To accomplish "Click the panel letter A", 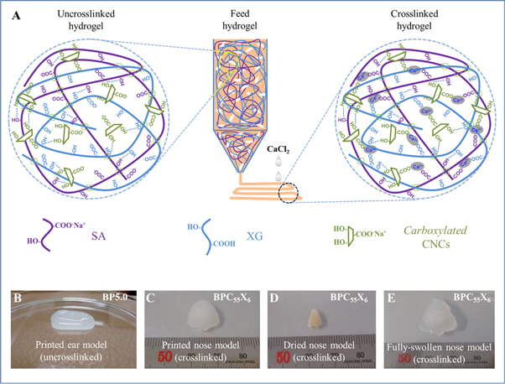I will pyautogui.click(x=10, y=15).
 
